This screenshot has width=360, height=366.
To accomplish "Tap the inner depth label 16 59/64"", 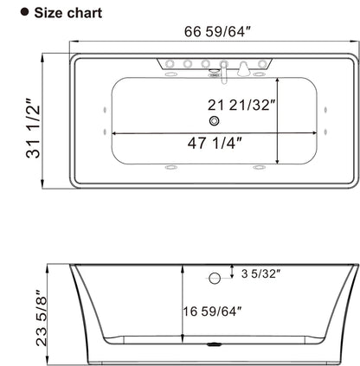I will point(222,309).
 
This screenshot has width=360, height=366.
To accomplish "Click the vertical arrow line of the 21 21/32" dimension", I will point(276,120).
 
